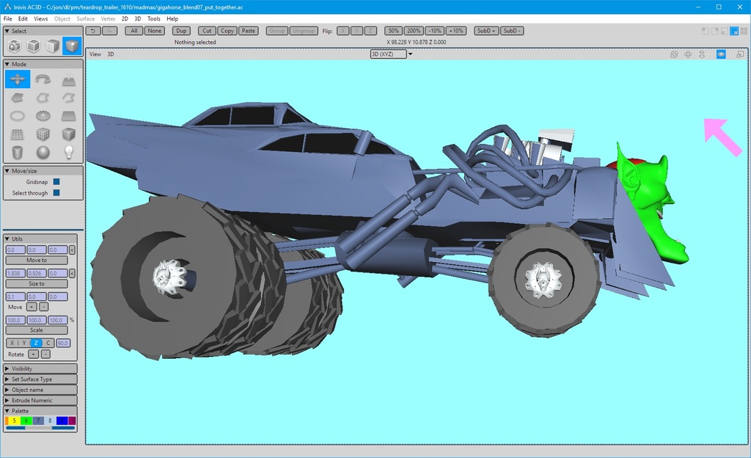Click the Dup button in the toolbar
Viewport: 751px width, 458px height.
click(180, 31)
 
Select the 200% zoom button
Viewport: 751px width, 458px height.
click(414, 31)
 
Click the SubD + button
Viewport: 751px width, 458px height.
click(486, 31)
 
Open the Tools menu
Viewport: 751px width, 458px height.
click(154, 18)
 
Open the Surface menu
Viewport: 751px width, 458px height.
click(85, 18)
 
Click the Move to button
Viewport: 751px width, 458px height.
click(37, 261)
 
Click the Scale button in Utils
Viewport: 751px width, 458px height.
click(37, 330)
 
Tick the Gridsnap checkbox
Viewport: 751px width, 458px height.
click(56, 181)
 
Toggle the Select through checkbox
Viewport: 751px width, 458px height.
click(56, 193)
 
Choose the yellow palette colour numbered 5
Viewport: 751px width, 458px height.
click(14, 421)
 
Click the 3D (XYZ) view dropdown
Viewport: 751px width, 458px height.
click(392, 54)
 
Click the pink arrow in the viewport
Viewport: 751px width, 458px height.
click(722, 137)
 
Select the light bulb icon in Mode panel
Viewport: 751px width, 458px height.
click(68, 153)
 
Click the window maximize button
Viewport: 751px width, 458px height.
click(719, 7)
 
